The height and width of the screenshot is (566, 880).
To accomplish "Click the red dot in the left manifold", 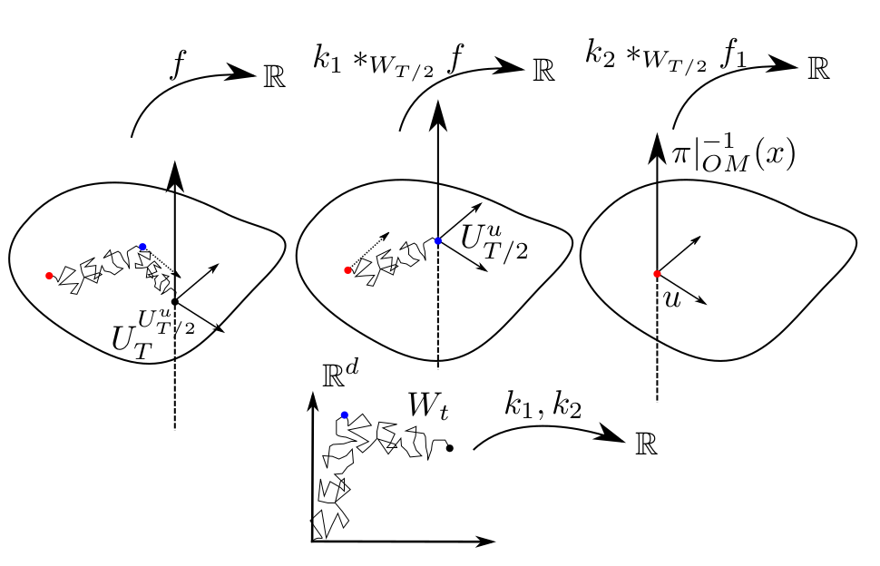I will point(49,275).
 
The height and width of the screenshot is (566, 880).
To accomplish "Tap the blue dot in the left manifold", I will point(142,247).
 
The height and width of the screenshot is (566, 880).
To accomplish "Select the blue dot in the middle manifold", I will point(438,240).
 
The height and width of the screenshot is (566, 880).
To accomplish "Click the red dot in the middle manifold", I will point(348,269).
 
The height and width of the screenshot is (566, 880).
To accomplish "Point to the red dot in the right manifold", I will point(657,273).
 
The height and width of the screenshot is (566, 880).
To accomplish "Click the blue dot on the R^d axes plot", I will point(345,415).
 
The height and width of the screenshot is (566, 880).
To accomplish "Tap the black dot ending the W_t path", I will point(450,447).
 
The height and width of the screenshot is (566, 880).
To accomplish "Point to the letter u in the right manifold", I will point(672,299).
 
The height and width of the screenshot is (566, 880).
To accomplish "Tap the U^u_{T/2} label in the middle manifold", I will point(493,239).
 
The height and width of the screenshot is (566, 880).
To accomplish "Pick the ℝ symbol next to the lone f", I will point(273,77).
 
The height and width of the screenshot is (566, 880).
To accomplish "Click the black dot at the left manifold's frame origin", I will point(174,301).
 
